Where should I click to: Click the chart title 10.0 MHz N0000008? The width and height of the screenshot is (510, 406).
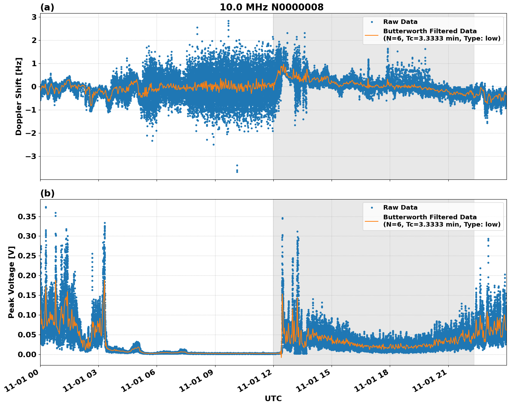click(271, 7)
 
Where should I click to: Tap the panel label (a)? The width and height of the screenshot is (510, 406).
click(47, 7)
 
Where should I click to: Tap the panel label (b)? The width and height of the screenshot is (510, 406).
click(47, 193)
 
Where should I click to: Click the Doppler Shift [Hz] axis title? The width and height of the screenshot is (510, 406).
click(19, 96)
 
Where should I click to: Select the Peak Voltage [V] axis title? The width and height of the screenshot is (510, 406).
click(11, 282)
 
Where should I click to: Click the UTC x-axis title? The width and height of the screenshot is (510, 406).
click(273, 398)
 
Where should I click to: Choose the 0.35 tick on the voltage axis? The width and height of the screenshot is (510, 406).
click(27, 217)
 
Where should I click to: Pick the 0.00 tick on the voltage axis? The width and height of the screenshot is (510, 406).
click(27, 354)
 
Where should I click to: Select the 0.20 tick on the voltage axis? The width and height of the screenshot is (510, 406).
click(27, 275)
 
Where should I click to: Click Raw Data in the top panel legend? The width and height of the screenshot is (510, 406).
click(400, 22)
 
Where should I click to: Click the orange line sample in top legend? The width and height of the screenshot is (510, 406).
click(372, 35)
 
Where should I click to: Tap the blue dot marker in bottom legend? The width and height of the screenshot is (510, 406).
click(372, 208)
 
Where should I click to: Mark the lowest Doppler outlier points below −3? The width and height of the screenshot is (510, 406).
click(237, 169)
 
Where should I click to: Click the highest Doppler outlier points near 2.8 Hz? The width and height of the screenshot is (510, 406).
click(228, 23)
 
